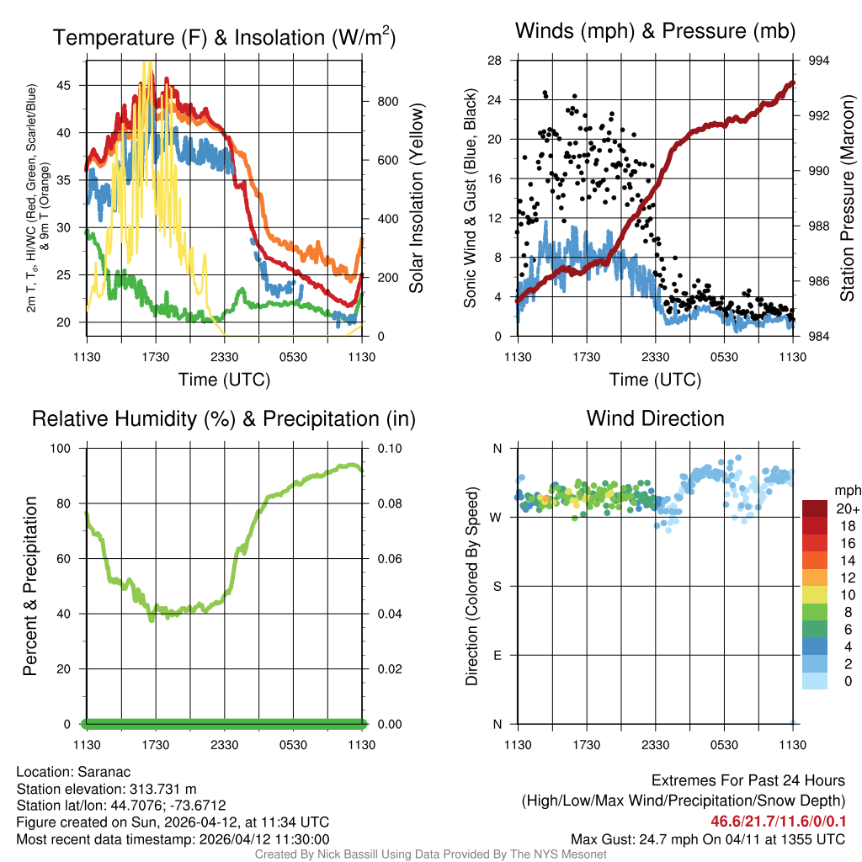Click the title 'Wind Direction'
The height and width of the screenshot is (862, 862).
point(655,418)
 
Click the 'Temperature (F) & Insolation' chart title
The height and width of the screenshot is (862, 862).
point(224,38)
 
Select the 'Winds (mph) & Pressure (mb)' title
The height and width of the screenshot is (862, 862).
point(655,31)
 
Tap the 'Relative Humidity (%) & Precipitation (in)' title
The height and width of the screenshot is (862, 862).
point(224,418)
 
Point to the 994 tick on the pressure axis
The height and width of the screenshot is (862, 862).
point(819,61)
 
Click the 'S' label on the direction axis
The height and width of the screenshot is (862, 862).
point(498,586)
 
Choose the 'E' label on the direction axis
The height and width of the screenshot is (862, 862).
point(498,655)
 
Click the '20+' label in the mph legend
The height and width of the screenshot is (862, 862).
point(846,508)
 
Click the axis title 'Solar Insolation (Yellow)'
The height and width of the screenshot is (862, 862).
point(416,199)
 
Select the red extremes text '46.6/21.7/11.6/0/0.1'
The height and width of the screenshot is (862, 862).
point(778,821)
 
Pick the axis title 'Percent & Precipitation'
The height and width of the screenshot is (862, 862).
point(29,586)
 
